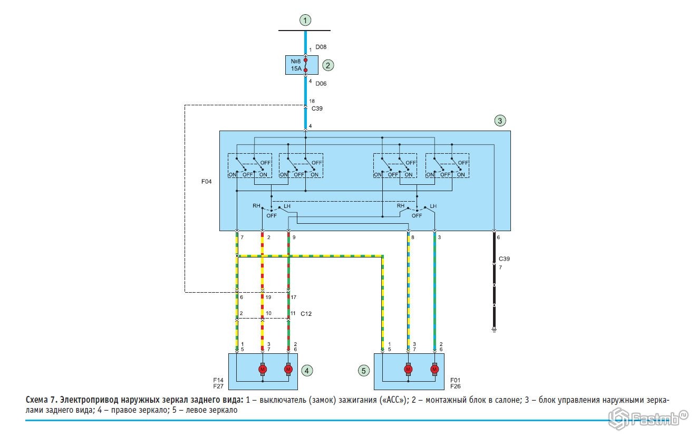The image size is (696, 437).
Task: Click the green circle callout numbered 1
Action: point(305,20)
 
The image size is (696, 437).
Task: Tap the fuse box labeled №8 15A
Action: point(302,65)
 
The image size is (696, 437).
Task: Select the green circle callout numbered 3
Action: point(500,121)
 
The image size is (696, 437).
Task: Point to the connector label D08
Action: point(321,47)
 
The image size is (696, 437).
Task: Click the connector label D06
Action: point(321,84)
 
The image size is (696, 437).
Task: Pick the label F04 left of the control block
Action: point(207,182)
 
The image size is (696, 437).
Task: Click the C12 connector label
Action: point(306,314)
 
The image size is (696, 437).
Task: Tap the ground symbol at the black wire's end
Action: point(494,330)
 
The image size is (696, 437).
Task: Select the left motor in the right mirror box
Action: point(263,369)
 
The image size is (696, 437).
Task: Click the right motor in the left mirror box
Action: point(434,369)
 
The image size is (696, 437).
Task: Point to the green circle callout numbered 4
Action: point(307,371)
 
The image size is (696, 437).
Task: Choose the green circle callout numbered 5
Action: point(363,371)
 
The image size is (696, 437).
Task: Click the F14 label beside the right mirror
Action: point(218,380)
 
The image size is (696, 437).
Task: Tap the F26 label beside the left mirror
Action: point(456,386)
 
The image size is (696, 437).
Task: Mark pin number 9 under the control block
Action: point(294,237)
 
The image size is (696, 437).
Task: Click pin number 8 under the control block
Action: point(413,237)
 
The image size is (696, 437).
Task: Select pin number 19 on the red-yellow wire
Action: point(268,297)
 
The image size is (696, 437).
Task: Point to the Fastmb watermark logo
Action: point(648,419)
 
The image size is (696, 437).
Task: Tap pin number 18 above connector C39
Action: point(312,101)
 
